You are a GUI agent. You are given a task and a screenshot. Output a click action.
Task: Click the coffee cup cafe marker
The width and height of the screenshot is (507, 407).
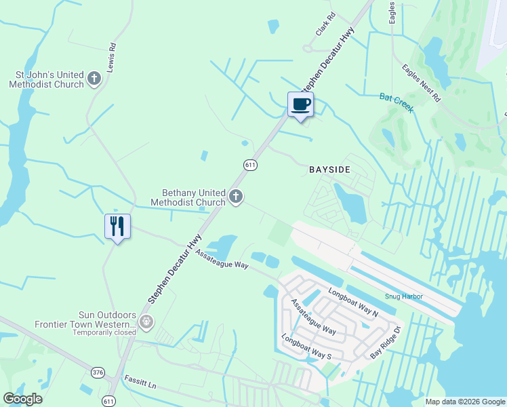tap(301, 104)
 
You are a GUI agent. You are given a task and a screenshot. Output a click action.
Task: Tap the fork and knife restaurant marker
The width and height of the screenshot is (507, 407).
tap(117, 227)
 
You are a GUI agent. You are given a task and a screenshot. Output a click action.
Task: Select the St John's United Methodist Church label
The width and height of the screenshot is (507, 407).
tap(46, 79)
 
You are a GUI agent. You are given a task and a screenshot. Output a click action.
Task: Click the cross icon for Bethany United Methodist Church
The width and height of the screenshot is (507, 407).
tap(236, 197)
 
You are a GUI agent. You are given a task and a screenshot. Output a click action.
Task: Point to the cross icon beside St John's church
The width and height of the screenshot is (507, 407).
tap(94, 79)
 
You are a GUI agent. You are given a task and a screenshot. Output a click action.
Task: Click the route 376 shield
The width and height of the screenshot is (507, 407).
tap(98, 372)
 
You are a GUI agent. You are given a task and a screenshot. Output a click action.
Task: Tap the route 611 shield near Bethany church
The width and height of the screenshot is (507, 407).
tap(250, 165)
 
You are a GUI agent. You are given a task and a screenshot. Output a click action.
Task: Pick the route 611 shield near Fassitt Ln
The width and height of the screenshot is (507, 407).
tap(108, 401)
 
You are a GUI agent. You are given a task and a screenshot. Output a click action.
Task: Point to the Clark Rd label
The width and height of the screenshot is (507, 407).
tap(325, 24)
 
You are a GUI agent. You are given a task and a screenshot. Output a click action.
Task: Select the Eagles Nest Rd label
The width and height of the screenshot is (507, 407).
tap(421, 83)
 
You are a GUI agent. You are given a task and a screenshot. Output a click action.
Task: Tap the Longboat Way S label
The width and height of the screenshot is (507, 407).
tap(306, 347)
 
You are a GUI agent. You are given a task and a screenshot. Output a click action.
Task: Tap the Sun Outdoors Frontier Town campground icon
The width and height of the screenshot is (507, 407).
tap(144, 319)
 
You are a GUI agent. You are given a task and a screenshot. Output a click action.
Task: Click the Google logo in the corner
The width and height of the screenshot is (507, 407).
tap(22, 399)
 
